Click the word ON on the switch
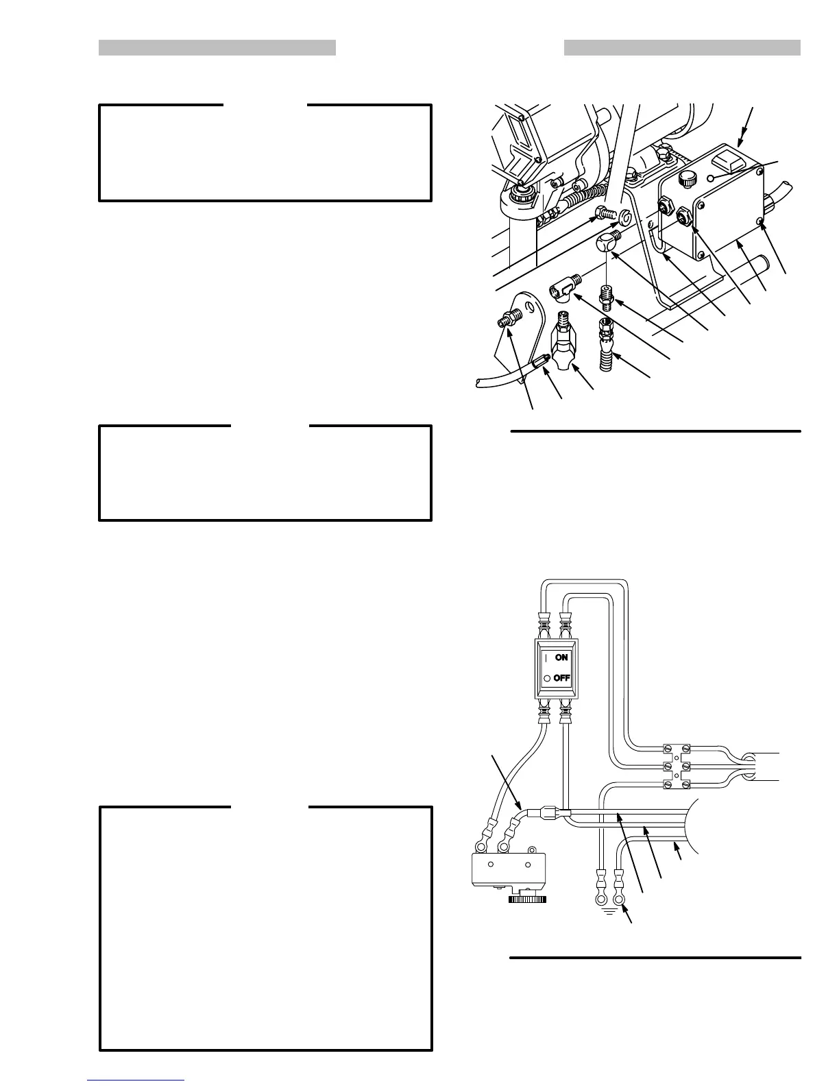click(x=562, y=657)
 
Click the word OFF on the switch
click(x=562, y=678)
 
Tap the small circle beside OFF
click(x=547, y=678)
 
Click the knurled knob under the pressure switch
click(x=527, y=899)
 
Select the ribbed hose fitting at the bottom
click(x=607, y=356)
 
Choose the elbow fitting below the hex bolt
click(x=606, y=241)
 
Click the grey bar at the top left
click(x=217, y=47)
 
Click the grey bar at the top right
click(x=682, y=47)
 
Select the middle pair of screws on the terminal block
click(x=677, y=766)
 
